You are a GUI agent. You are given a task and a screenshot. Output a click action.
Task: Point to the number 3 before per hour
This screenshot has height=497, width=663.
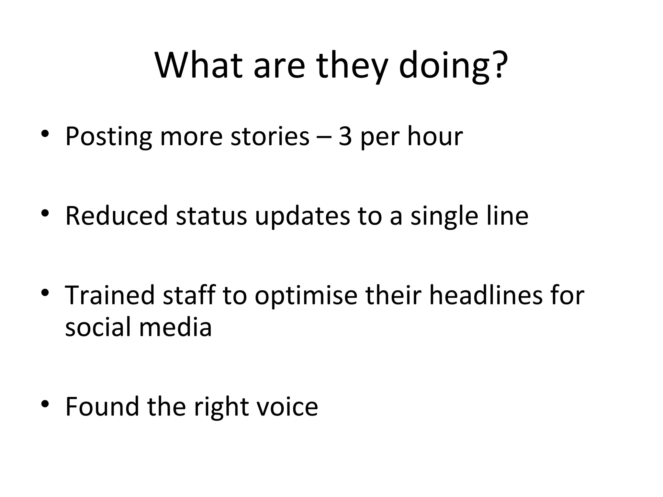point(345,137)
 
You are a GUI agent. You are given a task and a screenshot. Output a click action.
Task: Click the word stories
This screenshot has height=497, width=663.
point(270,137)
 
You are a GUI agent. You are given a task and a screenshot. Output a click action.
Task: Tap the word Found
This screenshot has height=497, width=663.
point(102,406)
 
